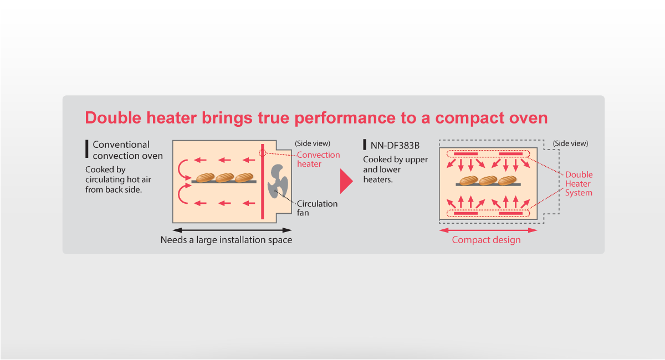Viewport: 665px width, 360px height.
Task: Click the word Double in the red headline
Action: (x=113, y=118)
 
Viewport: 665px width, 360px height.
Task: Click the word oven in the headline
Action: (x=529, y=118)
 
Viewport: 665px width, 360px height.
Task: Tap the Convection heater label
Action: (x=318, y=160)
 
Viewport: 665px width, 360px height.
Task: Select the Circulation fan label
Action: (x=317, y=208)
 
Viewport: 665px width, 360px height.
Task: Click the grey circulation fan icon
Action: (x=278, y=181)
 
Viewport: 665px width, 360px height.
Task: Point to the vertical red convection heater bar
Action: (x=263, y=182)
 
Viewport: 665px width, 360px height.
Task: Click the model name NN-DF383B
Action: (x=395, y=146)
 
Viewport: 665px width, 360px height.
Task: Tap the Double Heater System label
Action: (x=579, y=183)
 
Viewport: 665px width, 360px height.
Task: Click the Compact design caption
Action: (x=487, y=240)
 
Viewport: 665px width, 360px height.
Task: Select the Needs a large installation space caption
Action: (x=226, y=240)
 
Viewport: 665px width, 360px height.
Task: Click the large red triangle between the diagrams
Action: (x=346, y=181)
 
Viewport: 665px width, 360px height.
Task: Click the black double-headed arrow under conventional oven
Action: (x=232, y=230)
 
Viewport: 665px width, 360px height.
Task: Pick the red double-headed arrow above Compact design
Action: (x=488, y=230)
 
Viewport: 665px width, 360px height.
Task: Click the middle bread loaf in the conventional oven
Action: (x=224, y=177)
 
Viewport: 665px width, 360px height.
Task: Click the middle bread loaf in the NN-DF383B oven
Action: (x=488, y=180)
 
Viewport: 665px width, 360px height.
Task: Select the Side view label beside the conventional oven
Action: (x=313, y=143)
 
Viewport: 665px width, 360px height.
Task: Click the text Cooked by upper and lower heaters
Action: (x=396, y=169)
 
